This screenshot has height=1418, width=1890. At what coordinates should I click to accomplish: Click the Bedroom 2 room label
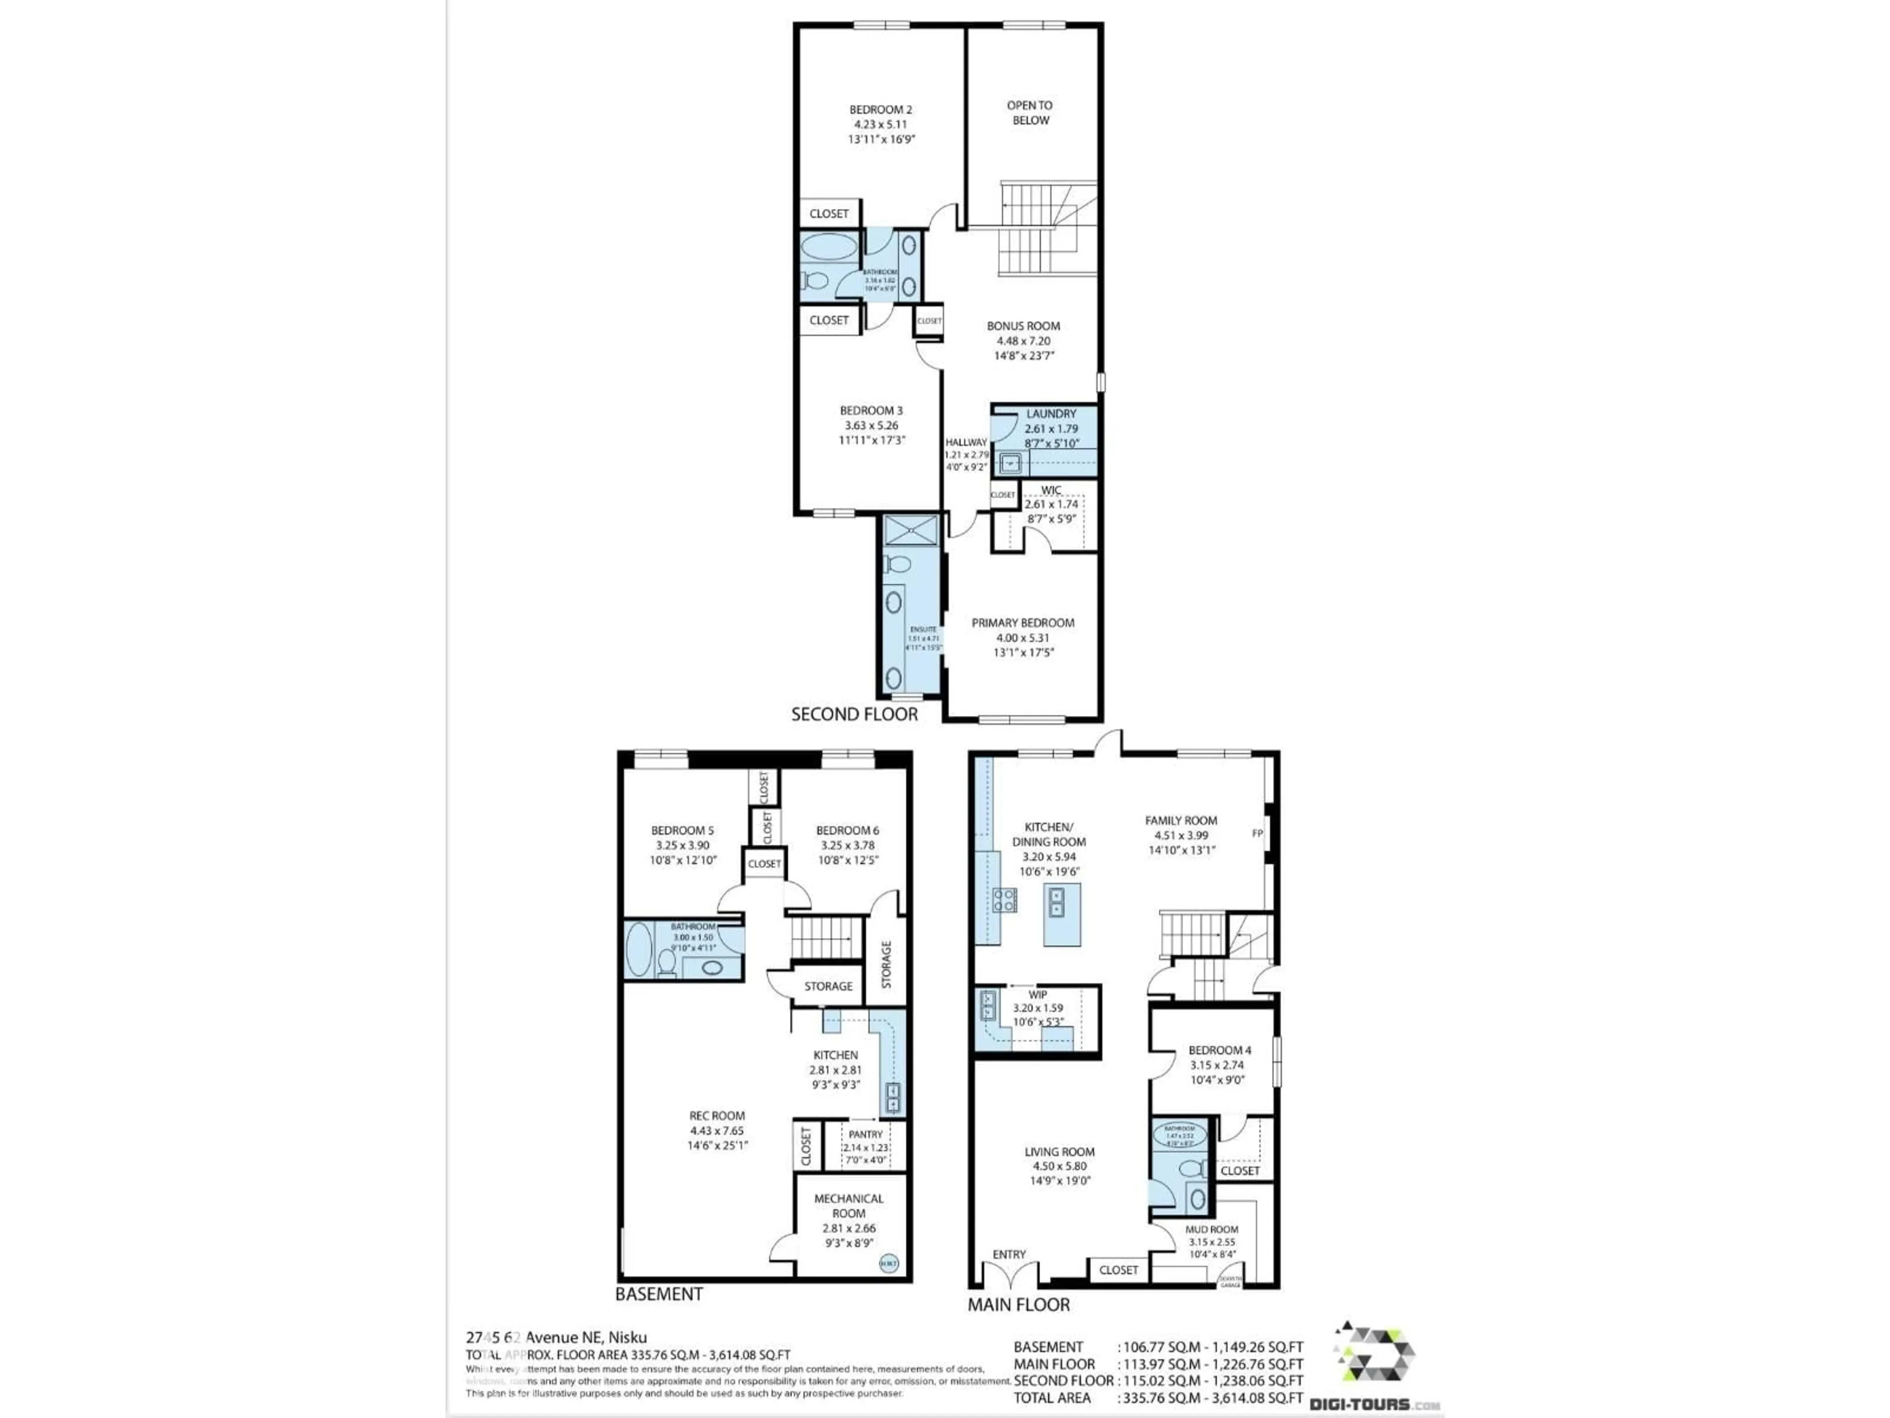pos(880,109)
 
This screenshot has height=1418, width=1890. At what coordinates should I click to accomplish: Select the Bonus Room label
pos(1023,325)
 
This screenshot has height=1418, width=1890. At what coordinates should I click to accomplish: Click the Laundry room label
pos(1051,414)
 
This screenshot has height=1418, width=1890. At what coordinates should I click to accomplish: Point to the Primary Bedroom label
pos(1023,623)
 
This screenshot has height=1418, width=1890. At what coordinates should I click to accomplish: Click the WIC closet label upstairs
pos(1051,490)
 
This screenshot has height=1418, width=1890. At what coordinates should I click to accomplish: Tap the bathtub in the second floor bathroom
pos(829,249)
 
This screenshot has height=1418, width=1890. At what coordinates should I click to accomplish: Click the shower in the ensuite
pos(910,530)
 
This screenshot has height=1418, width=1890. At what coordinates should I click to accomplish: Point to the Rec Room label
pos(717,1115)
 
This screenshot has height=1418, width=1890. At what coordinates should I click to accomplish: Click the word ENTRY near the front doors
pos(1009,1255)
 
